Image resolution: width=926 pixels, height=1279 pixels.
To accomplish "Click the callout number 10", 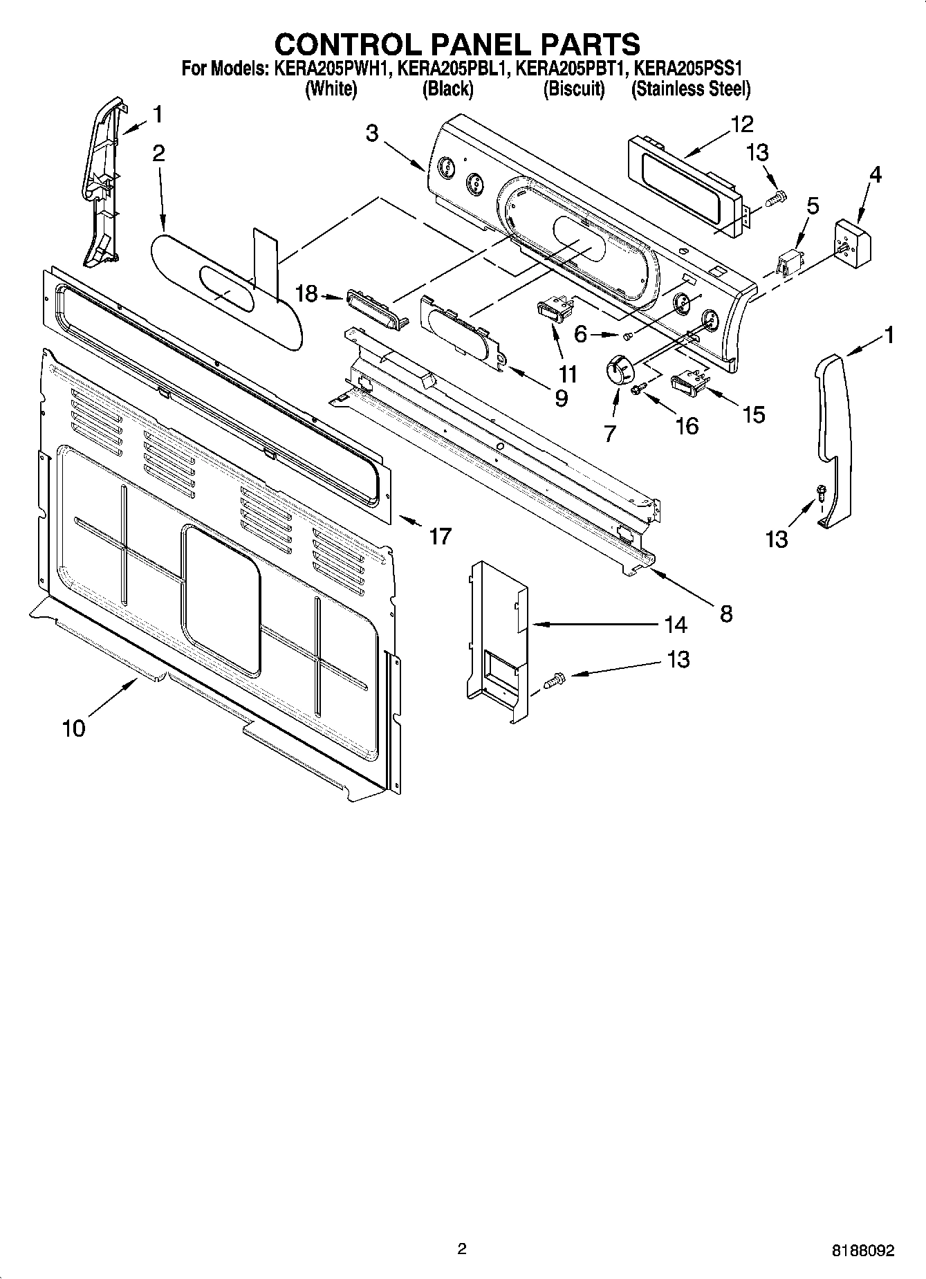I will point(74,728).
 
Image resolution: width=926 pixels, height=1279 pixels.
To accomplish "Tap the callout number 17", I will point(440,535).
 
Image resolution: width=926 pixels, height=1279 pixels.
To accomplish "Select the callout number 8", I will point(726,613).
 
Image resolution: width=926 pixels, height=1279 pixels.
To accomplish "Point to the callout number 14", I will point(676,625).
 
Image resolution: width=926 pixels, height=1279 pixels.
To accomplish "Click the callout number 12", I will point(741,125).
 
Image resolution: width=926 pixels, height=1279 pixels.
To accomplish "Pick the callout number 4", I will point(875,175).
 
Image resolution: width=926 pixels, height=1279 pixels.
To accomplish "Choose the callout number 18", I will point(306,294).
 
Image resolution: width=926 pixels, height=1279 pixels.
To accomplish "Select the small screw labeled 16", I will point(637,392).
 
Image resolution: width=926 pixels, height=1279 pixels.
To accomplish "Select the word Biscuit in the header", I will point(573,89).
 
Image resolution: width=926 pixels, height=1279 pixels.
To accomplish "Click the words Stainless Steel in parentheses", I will point(691,89).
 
